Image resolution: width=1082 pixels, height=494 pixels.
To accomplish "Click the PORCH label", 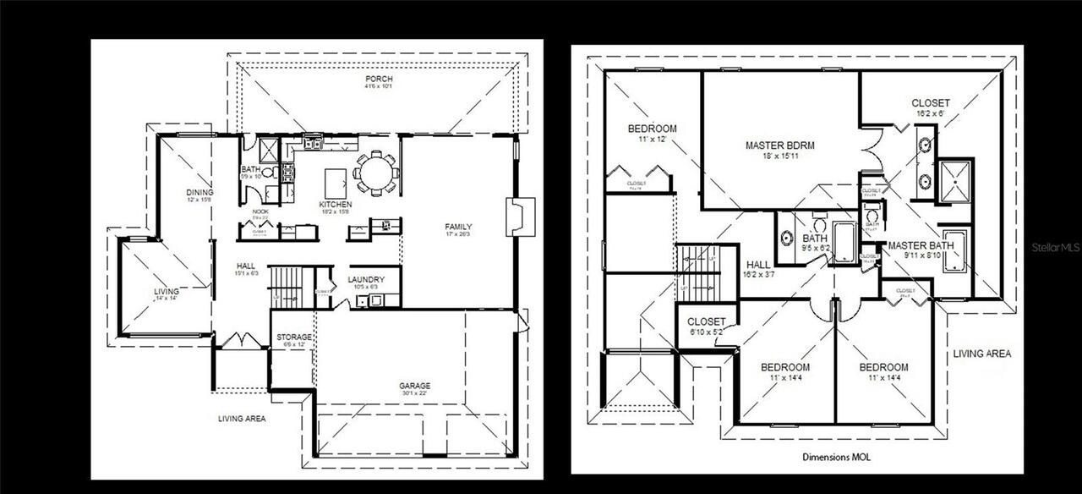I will coord(378,80).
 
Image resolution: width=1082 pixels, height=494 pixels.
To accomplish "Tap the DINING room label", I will coord(199,192).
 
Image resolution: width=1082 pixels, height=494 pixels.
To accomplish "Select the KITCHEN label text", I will coord(335,205).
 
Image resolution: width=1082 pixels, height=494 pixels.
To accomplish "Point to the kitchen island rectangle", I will coord(336,180).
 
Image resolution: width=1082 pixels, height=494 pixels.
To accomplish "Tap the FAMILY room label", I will coord(459,227).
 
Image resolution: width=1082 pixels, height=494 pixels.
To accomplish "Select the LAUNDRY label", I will coord(367,280).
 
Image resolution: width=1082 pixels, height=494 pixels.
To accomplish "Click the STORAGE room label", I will coord(294,338).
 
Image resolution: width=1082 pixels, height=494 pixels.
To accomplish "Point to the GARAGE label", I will coord(415,386).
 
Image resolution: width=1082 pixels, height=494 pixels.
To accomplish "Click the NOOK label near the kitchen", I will coord(260,211).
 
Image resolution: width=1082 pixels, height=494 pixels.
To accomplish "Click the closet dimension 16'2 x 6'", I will coord(930,112).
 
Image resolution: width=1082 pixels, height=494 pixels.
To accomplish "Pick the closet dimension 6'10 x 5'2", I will coord(707,332).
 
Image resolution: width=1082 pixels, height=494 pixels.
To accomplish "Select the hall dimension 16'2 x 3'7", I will coord(758,275).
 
